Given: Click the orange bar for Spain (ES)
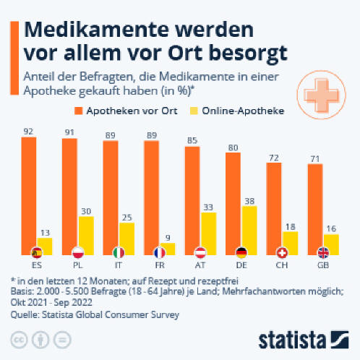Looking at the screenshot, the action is pos(29,196).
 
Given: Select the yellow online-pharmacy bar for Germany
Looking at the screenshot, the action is pos(249,231).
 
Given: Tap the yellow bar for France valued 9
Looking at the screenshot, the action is pos(168,249).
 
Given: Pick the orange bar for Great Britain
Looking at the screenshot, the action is pos(315,209).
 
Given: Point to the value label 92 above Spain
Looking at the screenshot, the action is pos(28,132).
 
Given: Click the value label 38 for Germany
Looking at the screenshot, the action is pos(249,201).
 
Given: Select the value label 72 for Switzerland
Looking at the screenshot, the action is pos(274,158).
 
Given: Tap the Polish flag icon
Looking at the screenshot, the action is pos(78,253).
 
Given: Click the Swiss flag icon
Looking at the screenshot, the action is pos(282,253).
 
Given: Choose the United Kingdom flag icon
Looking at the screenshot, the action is pos(323,253).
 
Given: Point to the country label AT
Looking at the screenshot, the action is pos(200,265).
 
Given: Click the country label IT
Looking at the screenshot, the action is pos(118,265).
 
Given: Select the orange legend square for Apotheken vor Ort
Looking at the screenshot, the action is pos(79,111).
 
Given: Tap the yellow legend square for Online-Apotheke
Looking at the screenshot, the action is pos(194,111).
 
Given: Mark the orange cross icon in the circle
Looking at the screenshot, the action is pos(322,95).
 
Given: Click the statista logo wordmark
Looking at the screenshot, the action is pos(292,340).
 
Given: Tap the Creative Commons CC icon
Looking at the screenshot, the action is pos(20,340).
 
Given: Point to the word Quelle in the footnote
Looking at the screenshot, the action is pos(25,314).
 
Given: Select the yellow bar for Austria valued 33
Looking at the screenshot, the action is pos(209,233).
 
